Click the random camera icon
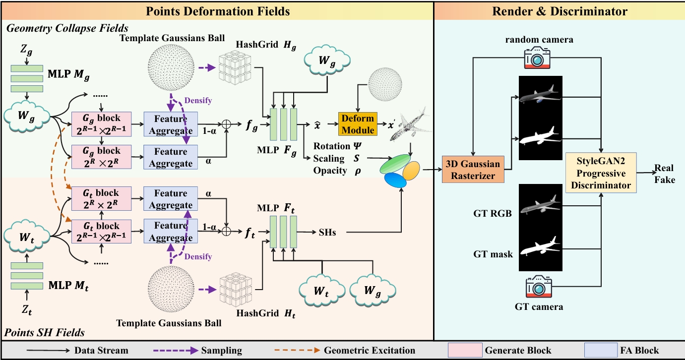click(x=537, y=58)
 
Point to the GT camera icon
click(x=538, y=288)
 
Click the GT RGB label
click(x=492, y=214)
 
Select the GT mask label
click(x=493, y=254)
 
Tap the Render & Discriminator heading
click(x=560, y=11)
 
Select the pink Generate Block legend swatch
click(x=465, y=350)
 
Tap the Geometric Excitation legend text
click(x=370, y=351)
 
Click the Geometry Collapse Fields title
click(x=66, y=28)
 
